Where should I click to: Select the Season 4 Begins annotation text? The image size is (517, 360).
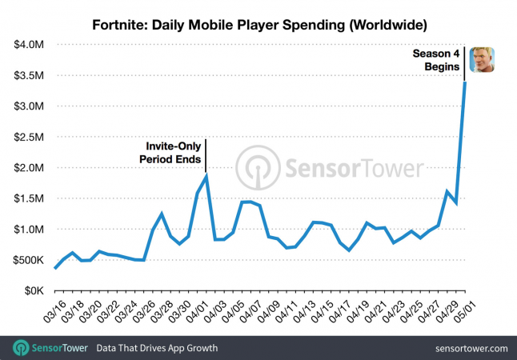[437, 61]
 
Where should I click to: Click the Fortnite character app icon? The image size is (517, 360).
[482, 60]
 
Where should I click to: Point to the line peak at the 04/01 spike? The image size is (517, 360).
[207, 175]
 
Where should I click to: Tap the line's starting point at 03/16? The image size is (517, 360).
[54, 268]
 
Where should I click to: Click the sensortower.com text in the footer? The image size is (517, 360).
[471, 349]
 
